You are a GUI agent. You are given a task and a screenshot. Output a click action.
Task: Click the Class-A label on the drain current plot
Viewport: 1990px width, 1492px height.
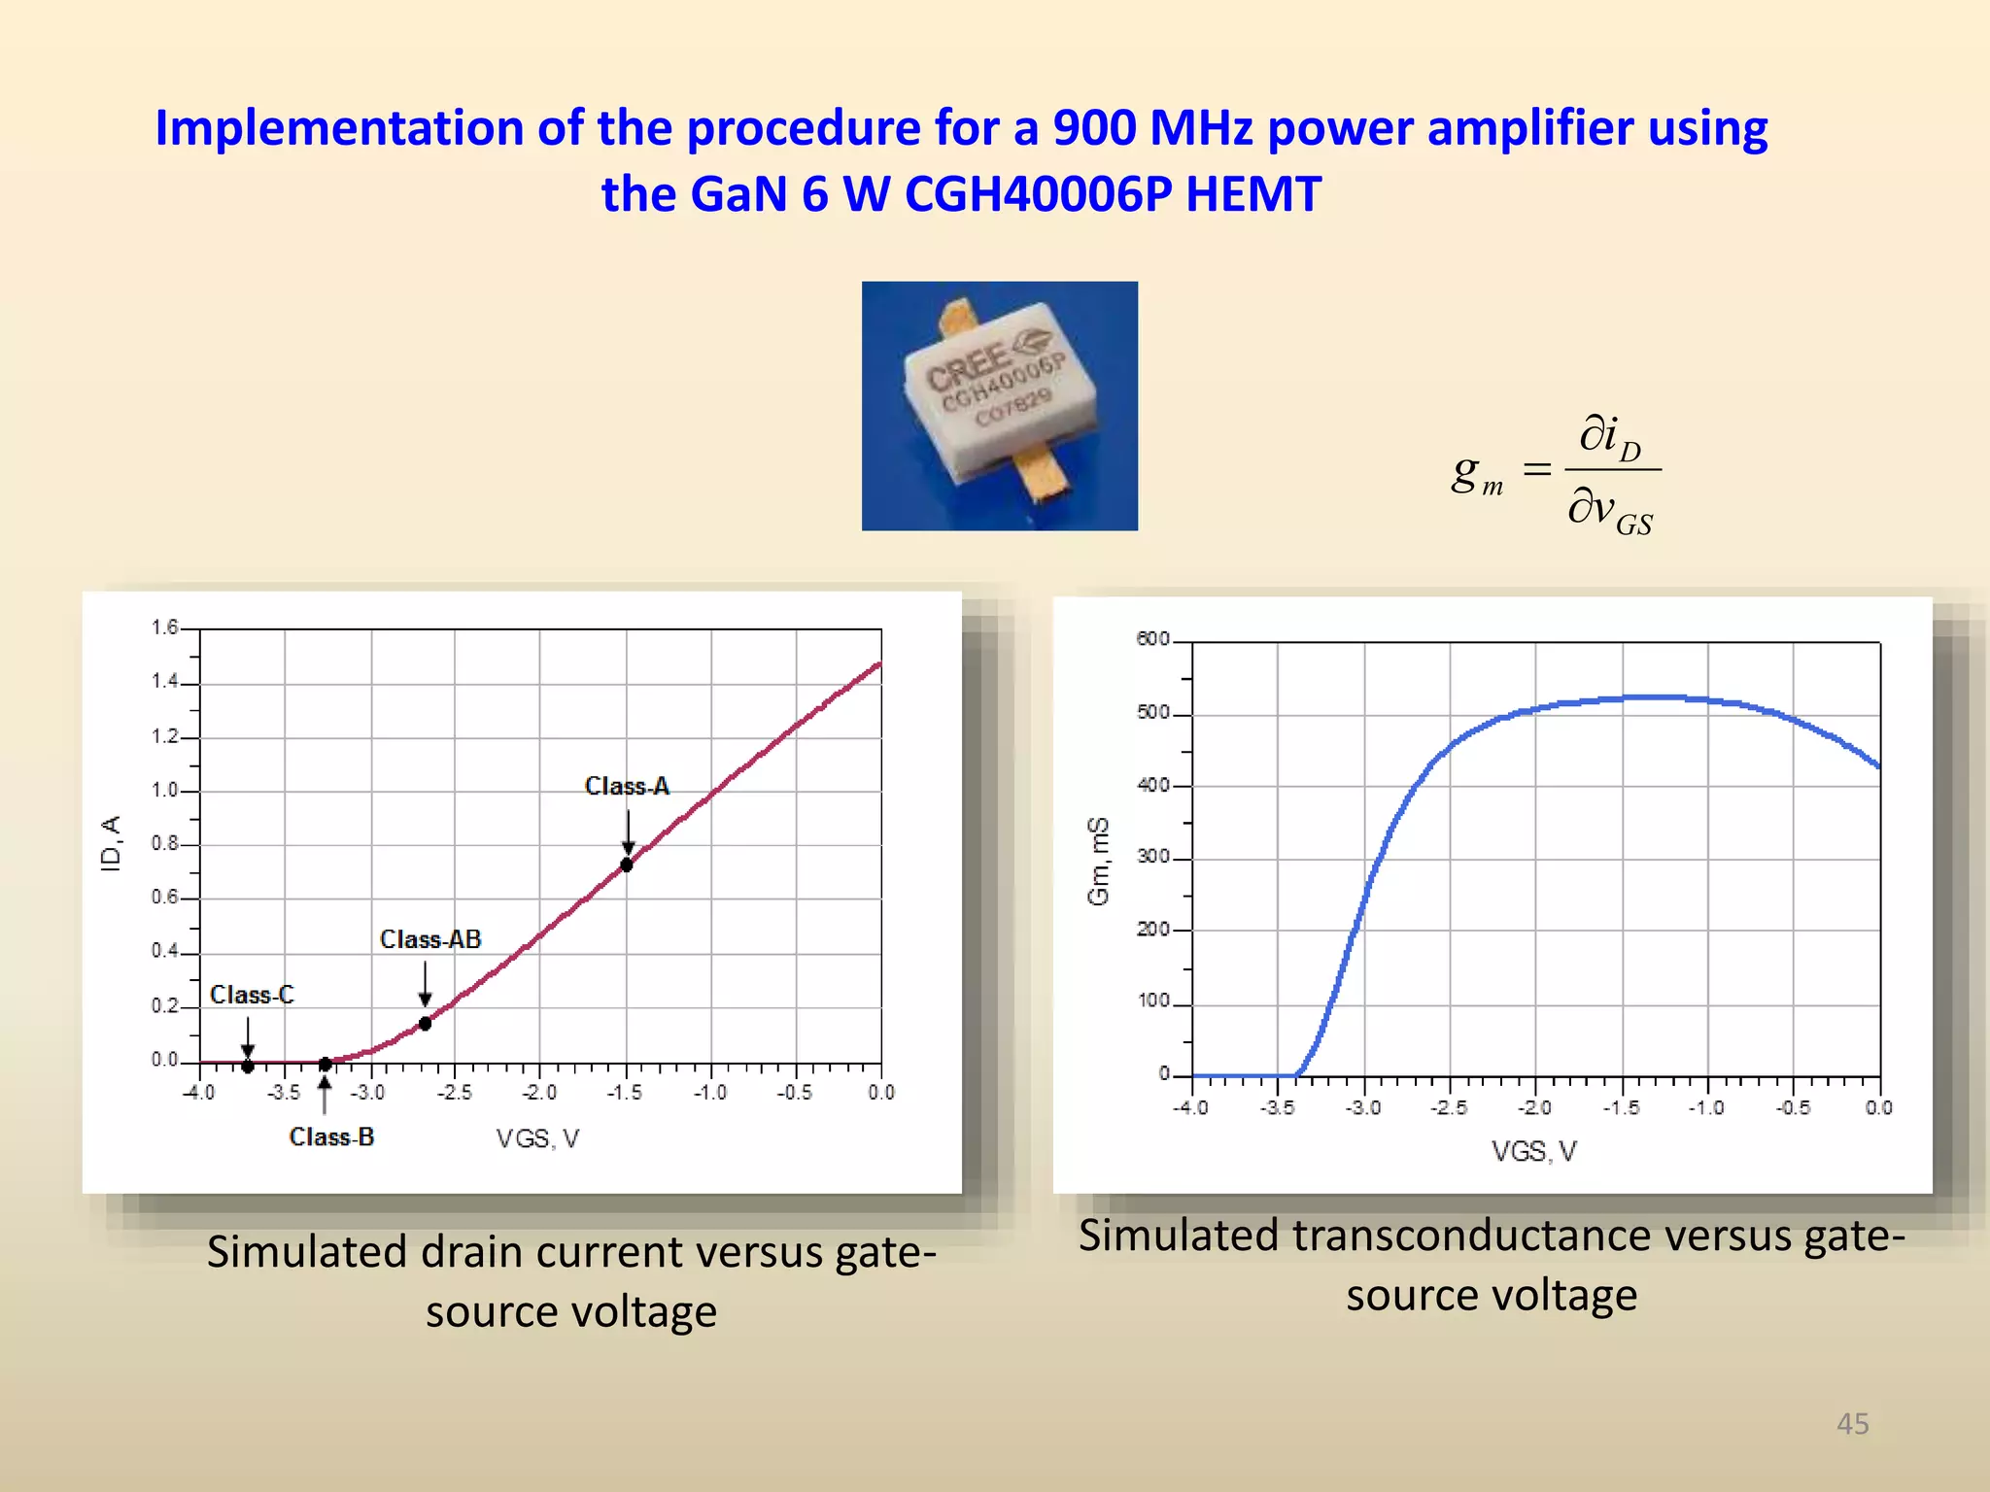coord(627,785)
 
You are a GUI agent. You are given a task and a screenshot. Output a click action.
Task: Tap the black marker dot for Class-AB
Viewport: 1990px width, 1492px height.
coord(425,1024)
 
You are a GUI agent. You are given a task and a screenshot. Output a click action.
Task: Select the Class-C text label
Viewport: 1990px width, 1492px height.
coord(252,995)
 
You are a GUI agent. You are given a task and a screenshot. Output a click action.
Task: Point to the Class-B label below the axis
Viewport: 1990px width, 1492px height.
coord(331,1136)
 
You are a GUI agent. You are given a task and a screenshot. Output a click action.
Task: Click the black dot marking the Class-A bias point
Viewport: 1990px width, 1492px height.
coord(627,865)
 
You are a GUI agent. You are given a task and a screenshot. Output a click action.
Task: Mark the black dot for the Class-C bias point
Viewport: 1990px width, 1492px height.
coord(248,1067)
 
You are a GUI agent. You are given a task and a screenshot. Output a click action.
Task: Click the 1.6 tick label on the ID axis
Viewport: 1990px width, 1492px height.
coord(164,627)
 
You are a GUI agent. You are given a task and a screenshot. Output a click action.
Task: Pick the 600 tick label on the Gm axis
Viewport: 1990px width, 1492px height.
coord(1152,639)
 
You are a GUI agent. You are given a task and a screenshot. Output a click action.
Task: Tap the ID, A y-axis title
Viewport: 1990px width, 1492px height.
coord(112,843)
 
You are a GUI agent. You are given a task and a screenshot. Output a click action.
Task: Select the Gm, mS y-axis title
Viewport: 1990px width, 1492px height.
coord(1098,861)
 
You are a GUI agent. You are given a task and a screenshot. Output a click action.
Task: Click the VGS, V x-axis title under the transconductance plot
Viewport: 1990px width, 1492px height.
coord(1534,1152)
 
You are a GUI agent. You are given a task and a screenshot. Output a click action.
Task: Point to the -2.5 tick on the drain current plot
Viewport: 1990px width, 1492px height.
coord(454,1093)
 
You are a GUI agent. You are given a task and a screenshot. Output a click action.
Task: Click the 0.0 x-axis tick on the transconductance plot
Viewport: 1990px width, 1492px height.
coord(1878,1108)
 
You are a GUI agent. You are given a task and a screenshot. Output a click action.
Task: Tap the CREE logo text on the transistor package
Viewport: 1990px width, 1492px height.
coord(967,364)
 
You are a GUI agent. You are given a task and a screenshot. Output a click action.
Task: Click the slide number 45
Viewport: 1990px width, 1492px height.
coord(1852,1424)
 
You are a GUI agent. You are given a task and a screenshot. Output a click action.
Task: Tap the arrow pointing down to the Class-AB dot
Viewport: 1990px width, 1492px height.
coord(425,984)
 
